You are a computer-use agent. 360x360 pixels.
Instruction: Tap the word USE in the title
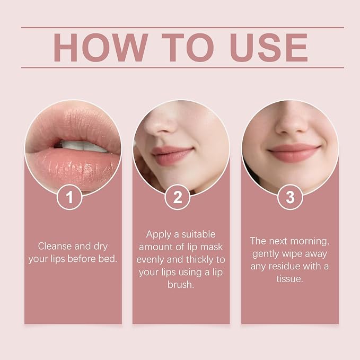tap(269, 48)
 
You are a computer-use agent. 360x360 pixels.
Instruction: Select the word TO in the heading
tap(188, 48)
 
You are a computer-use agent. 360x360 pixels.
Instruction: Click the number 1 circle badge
tap(69, 197)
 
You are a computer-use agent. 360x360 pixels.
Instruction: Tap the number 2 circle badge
tap(178, 197)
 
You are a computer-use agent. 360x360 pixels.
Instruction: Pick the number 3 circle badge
tap(290, 197)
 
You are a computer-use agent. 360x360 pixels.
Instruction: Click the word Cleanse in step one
tap(55, 247)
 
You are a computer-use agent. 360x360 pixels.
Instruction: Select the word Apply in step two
tap(159, 235)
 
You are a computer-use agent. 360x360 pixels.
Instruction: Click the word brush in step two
tap(181, 285)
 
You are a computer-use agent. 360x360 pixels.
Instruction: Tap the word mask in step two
tap(212, 247)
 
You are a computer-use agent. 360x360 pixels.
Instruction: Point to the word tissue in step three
tap(289, 279)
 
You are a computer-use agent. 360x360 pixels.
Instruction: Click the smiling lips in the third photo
tap(295, 153)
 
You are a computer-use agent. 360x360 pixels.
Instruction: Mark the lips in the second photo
tap(172, 155)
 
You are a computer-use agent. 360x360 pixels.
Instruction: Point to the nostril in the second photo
tap(164, 131)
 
